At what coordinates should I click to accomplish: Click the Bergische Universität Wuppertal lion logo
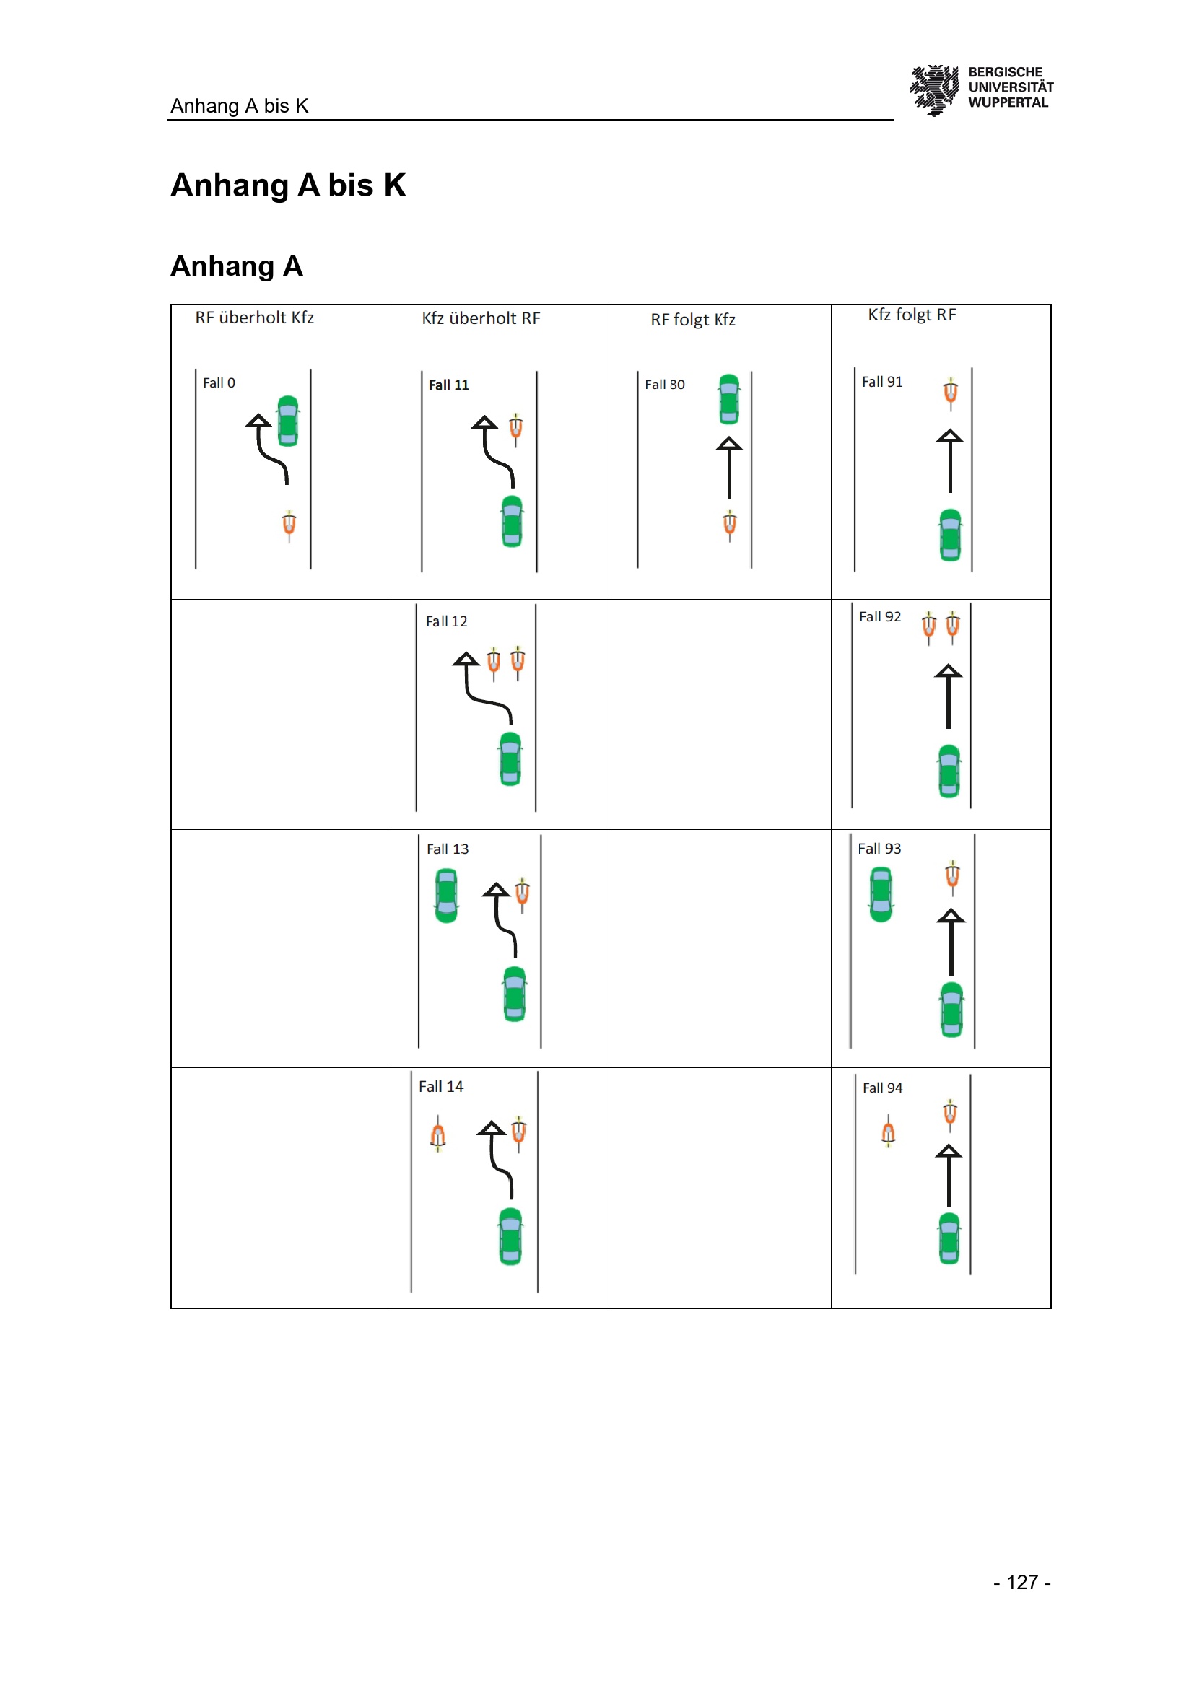point(933,89)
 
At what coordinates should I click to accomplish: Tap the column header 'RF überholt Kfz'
point(254,318)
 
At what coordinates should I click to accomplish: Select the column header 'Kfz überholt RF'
point(481,318)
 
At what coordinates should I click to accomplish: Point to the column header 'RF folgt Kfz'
point(692,320)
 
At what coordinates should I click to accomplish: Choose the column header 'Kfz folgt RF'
point(912,315)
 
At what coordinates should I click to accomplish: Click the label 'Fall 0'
point(219,383)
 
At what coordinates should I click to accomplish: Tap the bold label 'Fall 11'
point(448,385)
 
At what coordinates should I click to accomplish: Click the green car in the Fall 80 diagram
point(728,399)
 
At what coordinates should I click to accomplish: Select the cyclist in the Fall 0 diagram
point(289,525)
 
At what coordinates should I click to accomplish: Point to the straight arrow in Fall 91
point(950,462)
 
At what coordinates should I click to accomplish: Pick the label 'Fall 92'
point(880,617)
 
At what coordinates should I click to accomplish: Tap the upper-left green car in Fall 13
point(446,896)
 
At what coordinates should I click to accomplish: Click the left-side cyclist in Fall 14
point(437,1134)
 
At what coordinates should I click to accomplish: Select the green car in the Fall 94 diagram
point(949,1239)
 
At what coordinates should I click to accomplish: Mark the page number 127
point(1022,1582)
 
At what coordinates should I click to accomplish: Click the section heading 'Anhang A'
point(237,266)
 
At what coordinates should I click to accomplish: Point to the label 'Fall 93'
point(879,849)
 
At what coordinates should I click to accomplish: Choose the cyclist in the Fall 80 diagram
point(729,525)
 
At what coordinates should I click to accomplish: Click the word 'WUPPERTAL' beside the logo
point(1008,103)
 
